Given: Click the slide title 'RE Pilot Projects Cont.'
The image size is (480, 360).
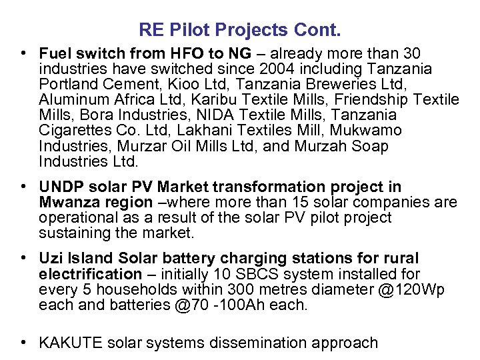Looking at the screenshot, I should (240, 30).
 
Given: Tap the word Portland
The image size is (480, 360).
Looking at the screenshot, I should (66, 85).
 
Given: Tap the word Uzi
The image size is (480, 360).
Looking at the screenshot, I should (50, 258).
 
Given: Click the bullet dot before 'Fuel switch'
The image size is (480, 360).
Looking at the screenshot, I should (23, 53).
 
